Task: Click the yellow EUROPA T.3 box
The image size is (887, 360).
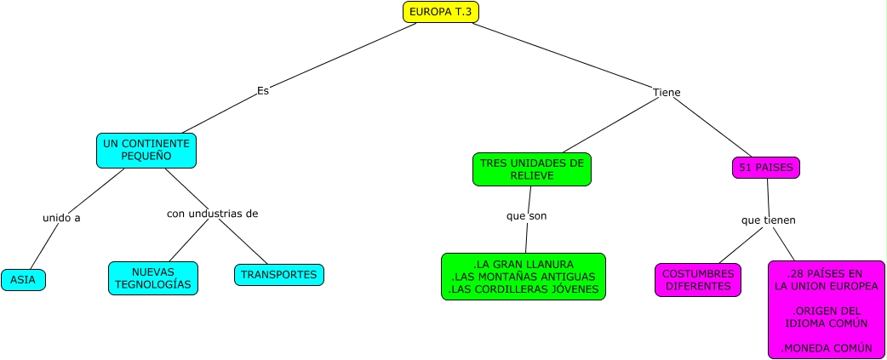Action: coord(441,12)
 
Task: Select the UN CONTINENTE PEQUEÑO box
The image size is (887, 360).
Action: coord(146,151)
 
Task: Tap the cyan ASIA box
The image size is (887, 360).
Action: coord(23,279)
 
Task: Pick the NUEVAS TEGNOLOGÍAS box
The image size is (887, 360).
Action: coord(153,277)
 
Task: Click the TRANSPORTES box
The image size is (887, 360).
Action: coord(278,275)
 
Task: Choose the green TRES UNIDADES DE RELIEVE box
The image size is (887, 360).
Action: coord(531,169)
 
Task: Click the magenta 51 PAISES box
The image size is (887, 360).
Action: coord(765,168)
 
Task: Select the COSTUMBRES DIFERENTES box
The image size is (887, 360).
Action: coord(697,279)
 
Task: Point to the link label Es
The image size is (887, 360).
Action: coord(263,90)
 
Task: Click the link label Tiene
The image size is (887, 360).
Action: coord(667,92)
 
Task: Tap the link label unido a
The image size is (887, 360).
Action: coord(61,218)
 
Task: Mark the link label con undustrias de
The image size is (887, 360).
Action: coord(212,213)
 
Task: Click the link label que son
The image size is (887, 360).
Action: coord(526,215)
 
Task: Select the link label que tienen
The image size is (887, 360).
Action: coord(768,220)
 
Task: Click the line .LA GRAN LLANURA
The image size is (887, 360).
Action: coord(523,264)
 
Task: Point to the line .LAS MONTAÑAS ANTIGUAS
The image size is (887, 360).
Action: coord(523,277)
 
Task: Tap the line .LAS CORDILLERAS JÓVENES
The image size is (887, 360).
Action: coord(523,289)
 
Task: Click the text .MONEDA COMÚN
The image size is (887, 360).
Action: coord(827,347)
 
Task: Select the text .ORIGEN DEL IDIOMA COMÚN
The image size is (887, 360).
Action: coord(827,317)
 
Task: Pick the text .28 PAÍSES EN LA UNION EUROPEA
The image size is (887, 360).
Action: coord(826,279)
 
